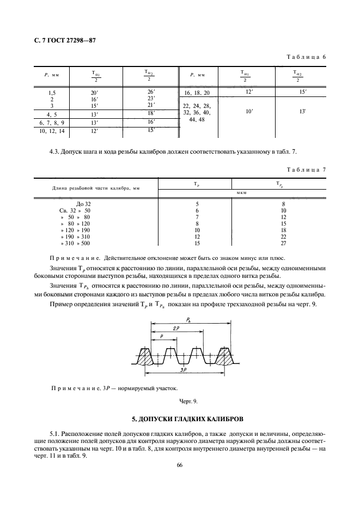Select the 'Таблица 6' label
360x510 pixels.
[306, 57]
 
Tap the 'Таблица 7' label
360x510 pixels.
[306, 169]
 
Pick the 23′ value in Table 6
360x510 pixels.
[151, 98]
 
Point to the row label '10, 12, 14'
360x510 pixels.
[51, 131]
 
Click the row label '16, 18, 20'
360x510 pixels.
[200, 93]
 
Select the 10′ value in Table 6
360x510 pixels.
[249, 111]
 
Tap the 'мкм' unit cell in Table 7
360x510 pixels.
[241, 193]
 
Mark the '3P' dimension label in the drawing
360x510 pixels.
[187, 371]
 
